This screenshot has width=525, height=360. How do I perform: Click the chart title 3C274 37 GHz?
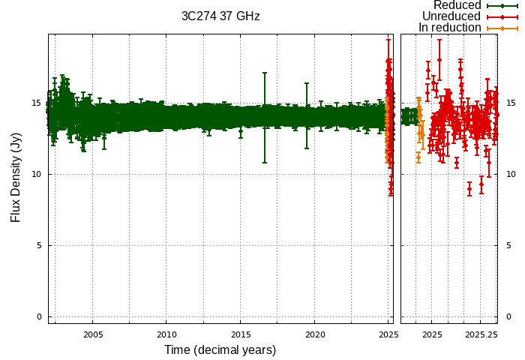[220, 16]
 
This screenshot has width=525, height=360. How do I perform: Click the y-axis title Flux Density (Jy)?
[16, 178]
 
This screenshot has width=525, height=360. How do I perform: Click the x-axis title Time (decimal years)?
[220, 350]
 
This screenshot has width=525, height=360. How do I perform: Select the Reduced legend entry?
[457, 5]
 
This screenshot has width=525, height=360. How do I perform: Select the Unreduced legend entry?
[451, 16]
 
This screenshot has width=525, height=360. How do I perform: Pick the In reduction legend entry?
[449, 28]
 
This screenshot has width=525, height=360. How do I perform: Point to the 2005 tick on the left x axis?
[93, 334]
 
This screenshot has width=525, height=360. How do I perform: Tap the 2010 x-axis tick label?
[166, 334]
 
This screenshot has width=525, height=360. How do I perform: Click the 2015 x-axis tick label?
[241, 334]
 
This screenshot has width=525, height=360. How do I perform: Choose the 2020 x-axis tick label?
[315, 334]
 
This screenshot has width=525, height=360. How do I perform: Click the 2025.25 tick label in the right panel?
[481, 334]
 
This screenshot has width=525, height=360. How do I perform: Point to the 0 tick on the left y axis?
[39, 317]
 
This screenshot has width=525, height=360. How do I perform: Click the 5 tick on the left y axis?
[39, 246]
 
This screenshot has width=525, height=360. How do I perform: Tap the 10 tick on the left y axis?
[37, 175]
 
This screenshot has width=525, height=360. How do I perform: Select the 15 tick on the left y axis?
[37, 103]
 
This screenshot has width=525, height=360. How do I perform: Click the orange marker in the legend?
[502, 28]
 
